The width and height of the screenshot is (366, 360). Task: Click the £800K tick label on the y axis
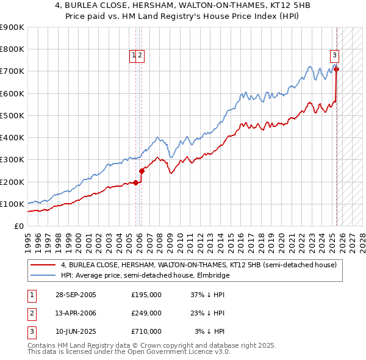point(12,49)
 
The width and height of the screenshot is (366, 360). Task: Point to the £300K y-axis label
point(12,160)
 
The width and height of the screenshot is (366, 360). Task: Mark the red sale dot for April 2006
point(142,171)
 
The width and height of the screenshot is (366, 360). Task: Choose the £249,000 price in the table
point(146,313)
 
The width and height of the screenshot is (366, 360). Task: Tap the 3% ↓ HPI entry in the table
point(210,331)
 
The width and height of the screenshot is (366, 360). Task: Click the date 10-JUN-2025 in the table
point(76,331)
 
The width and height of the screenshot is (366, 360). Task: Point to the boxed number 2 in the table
point(31,313)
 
